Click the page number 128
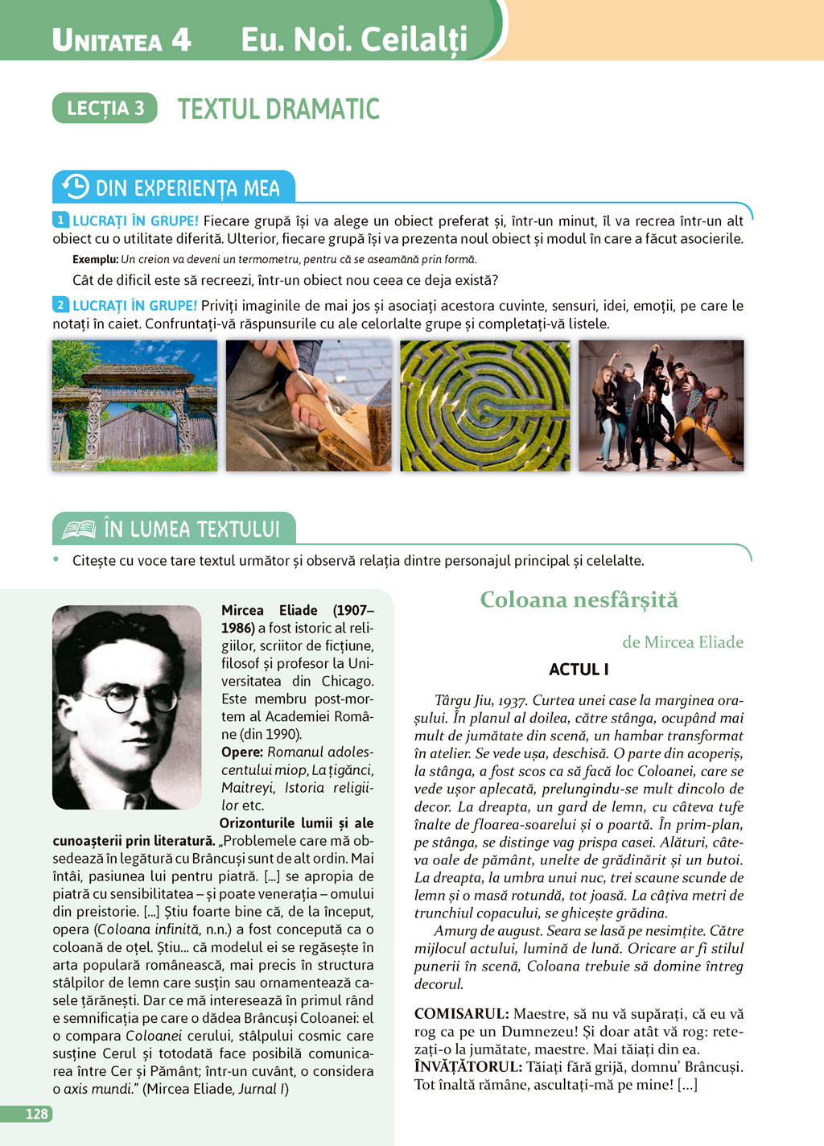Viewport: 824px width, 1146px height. (37, 1114)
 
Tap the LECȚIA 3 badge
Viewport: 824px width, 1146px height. (105, 109)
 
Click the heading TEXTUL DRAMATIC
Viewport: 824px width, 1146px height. (278, 109)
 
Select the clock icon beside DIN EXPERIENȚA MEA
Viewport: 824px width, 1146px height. (75, 187)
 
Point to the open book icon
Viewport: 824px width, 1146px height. (79, 530)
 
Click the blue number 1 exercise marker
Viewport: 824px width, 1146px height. (60, 220)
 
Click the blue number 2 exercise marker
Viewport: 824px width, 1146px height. (60, 305)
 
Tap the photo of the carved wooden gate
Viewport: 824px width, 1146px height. (134, 405)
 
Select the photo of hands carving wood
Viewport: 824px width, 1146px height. (308, 405)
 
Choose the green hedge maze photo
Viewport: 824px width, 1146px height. (484, 405)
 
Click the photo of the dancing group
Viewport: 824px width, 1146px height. (661, 405)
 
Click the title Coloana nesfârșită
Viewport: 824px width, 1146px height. (579, 600)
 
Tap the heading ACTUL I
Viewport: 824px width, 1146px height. (579, 669)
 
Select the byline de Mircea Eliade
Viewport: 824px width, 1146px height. (682, 642)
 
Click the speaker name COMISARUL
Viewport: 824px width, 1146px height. (461, 1014)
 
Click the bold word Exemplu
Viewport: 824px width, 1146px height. (95, 259)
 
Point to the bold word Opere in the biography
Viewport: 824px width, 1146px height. (242, 752)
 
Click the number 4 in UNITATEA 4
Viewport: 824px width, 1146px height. (181, 39)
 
